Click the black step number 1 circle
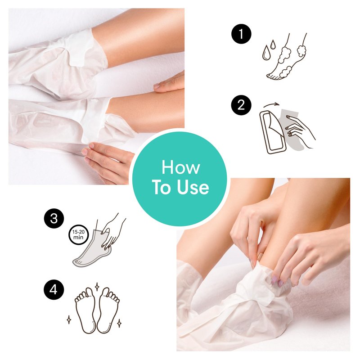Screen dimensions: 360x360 241,34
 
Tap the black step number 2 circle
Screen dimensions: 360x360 241,105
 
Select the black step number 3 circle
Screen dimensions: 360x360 54,218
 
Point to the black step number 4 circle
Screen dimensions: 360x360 54,290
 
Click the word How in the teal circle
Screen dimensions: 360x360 181,167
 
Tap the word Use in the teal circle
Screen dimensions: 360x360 193,187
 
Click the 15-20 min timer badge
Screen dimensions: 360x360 78,234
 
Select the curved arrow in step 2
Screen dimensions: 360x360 271,105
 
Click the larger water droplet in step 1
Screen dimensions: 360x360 266,53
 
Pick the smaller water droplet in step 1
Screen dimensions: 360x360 273,45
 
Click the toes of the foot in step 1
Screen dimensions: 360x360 274,76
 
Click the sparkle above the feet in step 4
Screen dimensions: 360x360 97,287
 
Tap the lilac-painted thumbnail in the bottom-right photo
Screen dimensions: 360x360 274,280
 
